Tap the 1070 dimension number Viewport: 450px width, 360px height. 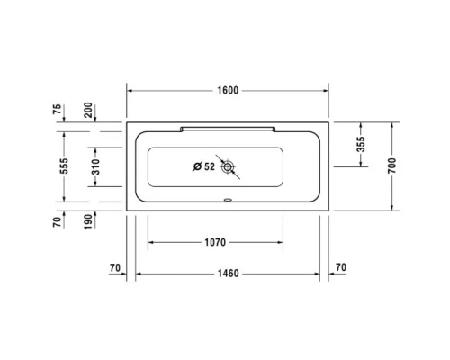click(x=213, y=242)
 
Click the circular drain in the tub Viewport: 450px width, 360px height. click(x=229, y=166)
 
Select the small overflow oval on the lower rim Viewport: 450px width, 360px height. click(x=227, y=202)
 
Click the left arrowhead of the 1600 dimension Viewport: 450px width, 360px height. click(x=130, y=91)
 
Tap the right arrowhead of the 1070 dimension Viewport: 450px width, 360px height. click(x=286, y=242)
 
